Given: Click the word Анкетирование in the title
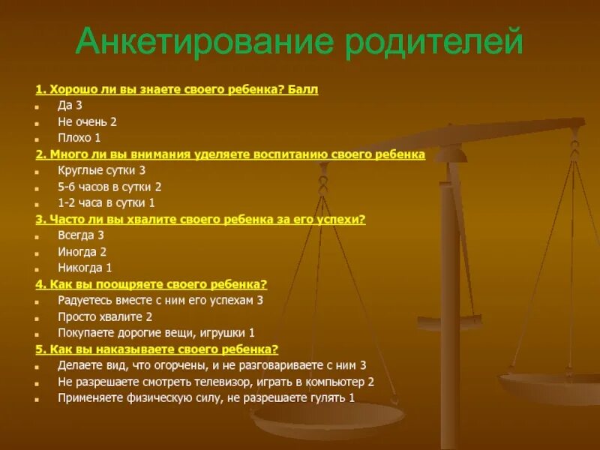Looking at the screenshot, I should click(204, 43).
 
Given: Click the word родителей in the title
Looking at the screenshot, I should click(433, 43).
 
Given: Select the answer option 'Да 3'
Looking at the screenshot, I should click(70, 106).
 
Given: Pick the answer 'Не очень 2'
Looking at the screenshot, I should click(87, 121).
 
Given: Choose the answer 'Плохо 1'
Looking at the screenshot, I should click(79, 138).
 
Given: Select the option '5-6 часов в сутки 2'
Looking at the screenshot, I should click(109, 187).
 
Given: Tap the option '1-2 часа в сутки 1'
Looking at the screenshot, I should click(106, 202).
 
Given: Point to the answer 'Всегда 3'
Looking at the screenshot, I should click(80, 235).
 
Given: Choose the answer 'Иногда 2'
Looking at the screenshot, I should click(82, 252).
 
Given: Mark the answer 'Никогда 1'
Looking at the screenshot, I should click(85, 268).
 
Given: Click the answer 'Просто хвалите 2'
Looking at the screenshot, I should click(105, 316).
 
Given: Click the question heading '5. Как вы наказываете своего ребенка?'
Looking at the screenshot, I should click(157, 349).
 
